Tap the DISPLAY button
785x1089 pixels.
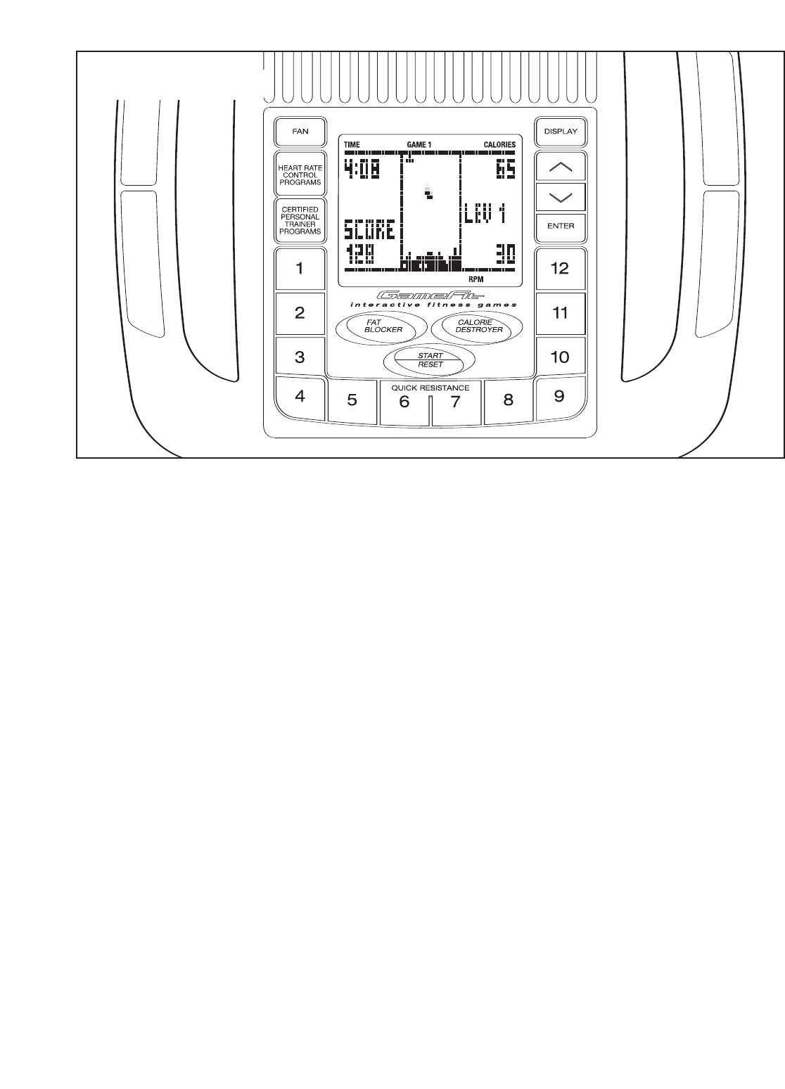click(560, 131)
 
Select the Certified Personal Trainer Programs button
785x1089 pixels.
click(300, 220)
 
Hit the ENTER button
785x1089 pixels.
click(560, 226)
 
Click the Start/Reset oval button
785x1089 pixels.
click(430, 360)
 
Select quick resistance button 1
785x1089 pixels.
click(300, 268)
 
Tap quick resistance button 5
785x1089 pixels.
click(352, 401)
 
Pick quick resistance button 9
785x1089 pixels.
click(559, 396)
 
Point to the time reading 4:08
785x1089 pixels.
click(362, 169)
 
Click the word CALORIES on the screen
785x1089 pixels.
click(499, 145)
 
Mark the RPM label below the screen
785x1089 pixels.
click(477, 279)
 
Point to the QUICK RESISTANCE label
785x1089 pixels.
click(430, 388)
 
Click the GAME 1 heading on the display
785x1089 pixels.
click(419, 145)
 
